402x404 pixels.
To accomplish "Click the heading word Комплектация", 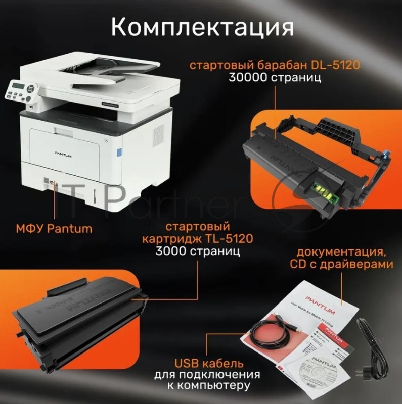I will pyautogui.click(x=202, y=26).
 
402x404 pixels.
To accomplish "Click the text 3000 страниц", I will pyautogui.click(x=198, y=251).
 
